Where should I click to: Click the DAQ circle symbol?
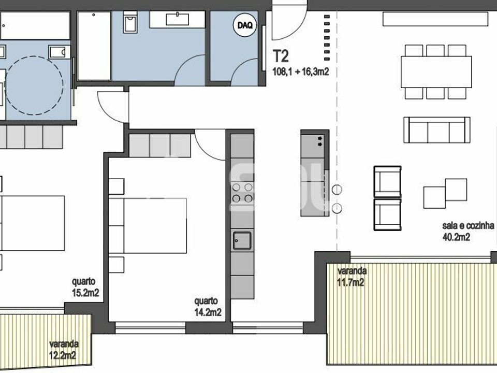[x=245, y=25]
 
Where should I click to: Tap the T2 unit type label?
[x=281, y=57]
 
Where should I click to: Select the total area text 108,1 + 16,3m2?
[x=301, y=71]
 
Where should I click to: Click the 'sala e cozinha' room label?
[x=468, y=225]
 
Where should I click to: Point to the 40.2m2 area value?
[x=456, y=237]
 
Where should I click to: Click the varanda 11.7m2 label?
[x=352, y=277]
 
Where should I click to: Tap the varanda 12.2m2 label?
[x=63, y=350]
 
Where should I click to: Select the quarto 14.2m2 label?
[x=208, y=307]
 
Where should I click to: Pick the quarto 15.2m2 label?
[x=85, y=287]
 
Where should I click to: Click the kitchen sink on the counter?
[x=242, y=240]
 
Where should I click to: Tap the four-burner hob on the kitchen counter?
[x=242, y=193]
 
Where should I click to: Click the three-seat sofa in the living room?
[x=437, y=130]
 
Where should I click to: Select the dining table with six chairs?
[x=436, y=72]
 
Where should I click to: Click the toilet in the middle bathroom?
[x=130, y=22]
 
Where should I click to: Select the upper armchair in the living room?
[x=387, y=182]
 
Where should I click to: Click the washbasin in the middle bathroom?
[x=178, y=19]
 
